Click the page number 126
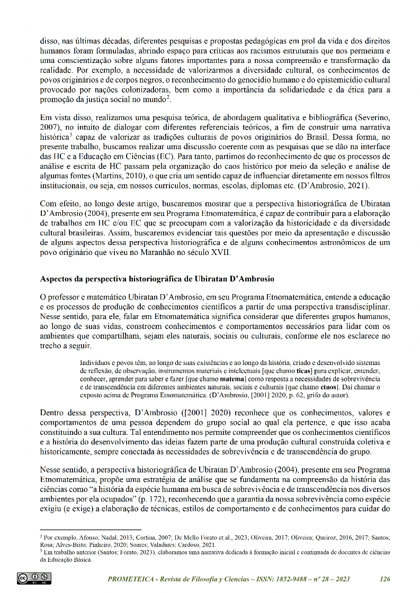click(x=385, y=579)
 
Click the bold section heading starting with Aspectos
click(x=157, y=279)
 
